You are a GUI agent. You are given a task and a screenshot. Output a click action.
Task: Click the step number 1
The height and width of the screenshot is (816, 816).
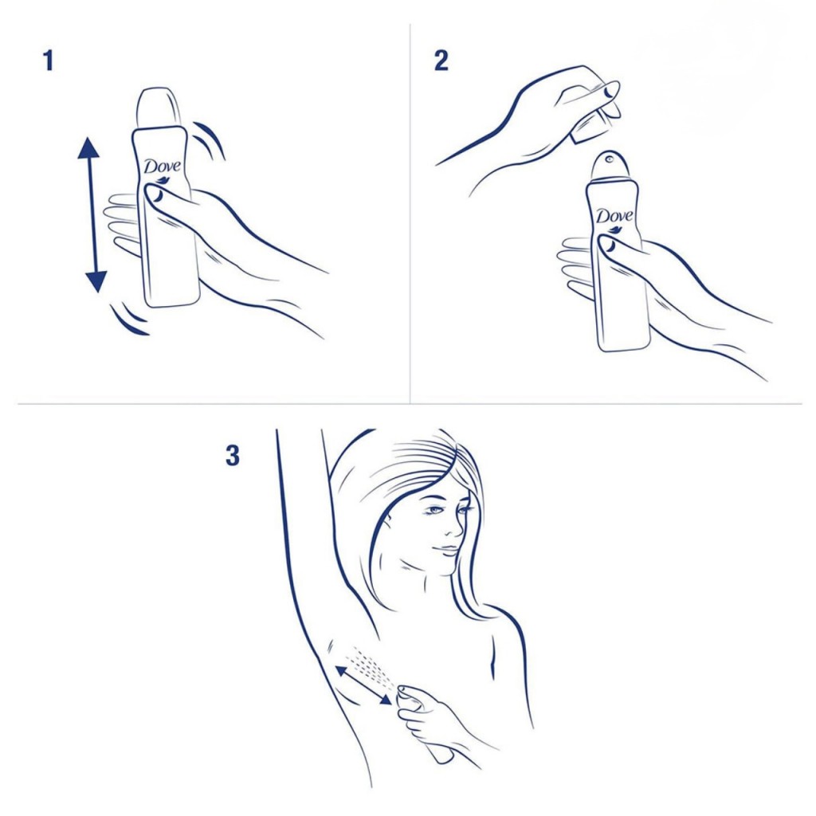point(49,61)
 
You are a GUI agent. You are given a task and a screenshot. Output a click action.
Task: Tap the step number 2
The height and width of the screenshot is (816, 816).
point(441,61)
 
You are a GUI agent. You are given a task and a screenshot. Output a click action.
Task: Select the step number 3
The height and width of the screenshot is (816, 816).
point(232,455)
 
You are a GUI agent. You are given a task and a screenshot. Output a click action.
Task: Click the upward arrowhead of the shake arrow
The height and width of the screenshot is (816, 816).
point(88,147)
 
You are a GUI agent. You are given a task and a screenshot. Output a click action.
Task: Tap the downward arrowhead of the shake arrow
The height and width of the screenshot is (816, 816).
point(96,281)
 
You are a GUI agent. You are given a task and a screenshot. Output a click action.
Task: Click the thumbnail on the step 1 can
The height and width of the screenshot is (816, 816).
point(155,194)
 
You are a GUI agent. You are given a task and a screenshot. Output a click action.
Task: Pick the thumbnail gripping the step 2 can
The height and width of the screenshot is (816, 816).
point(608,244)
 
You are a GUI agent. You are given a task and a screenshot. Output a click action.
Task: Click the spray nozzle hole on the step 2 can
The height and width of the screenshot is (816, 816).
point(609,159)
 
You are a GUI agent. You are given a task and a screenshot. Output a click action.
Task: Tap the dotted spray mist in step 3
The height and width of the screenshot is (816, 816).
point(371,665)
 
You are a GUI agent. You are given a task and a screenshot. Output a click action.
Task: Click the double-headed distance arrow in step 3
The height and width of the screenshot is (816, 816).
point(363,685)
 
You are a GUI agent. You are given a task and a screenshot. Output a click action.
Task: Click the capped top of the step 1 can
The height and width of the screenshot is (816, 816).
point(159,108)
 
